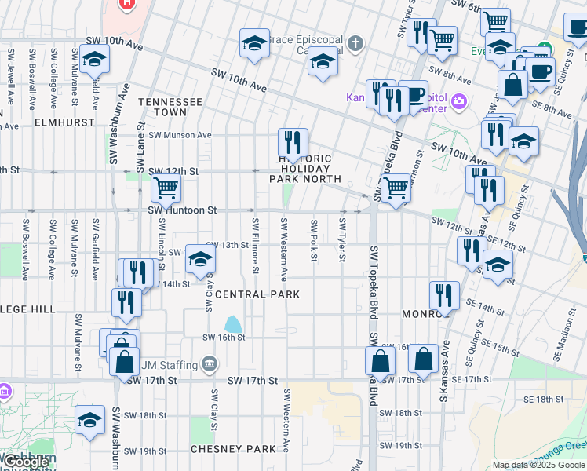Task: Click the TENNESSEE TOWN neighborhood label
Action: tap(170, 108)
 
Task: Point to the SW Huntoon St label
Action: tap(182, 210)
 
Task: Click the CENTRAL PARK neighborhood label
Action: tap(257, 294)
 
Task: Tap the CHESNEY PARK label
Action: tap(233, 450)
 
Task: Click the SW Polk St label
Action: tap(313, 240)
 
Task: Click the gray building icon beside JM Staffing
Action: tap(209, 363)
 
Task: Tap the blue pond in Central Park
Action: tap(233, 323)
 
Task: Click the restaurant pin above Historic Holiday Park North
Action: tap(293, 143)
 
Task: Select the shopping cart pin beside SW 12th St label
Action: tap(166, 188)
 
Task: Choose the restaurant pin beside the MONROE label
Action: tap(444, 295)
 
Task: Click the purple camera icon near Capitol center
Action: tap(459, 100)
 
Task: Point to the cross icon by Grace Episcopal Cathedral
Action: tap(356, 42)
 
